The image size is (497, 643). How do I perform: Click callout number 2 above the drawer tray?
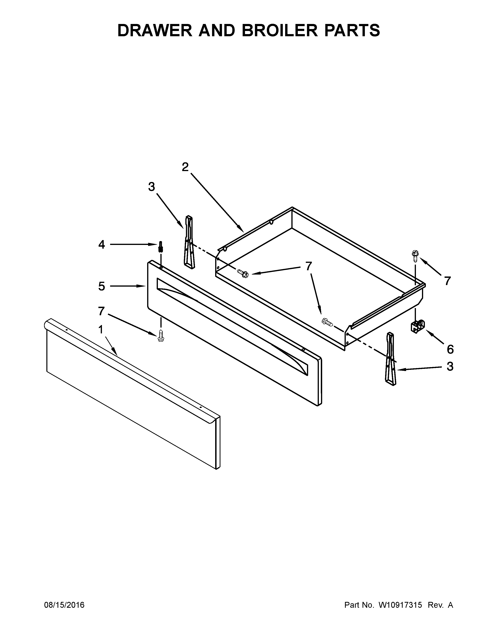pyautogui.click(x=185, y=167)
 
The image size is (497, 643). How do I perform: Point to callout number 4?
pyautogui.click(x=102, y=244)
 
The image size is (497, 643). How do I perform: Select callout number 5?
pyautogui.click(x=102, y=286)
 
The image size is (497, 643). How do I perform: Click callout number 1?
pyautogui.click(x=101, y=330)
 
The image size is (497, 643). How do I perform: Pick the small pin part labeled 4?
pyautogui.click(x=160, y=246)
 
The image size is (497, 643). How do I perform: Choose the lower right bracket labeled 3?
pyautogui.click(x=390, y=359)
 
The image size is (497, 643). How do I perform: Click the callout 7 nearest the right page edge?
pyautogui.click(x=447, y=281)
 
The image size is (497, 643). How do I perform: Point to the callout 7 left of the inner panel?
pyautogui.click(x=101, y=311)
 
